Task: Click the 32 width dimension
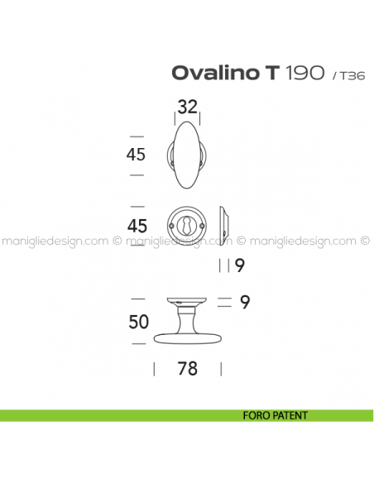pyautogui.click(x=188, y=107)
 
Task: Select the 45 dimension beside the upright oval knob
pyautogui.click(x=137, y=155)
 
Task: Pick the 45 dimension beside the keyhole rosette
pyautogui.click(x=137, y=226)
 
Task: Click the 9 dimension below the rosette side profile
pyautogui.click(x=239, y=265)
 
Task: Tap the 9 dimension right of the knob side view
pyautogui.click(x=244, y=303)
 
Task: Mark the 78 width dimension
pyautogui.click(x=188, y=369)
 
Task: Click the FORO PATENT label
pyautogui.click(x=276, y=415)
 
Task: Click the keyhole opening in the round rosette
pyautogui.click(x=188, y=225)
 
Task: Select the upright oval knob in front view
pyautogui.click(x=188, y=155)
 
